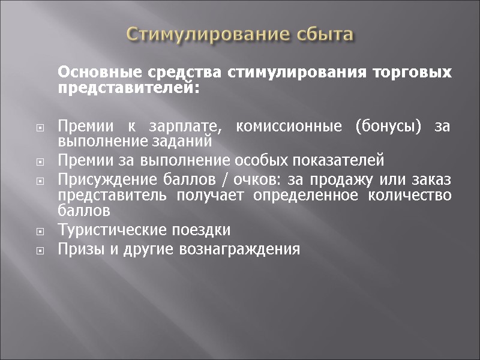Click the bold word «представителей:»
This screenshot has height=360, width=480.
[x=127, y=88]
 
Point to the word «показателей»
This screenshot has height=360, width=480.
[x=335, y=161]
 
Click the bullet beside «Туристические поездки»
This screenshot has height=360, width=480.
[x=40, y=231]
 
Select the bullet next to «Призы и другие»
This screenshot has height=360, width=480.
[x=40, y=250]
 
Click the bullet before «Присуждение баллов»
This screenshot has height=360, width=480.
[x=40, y=181]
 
